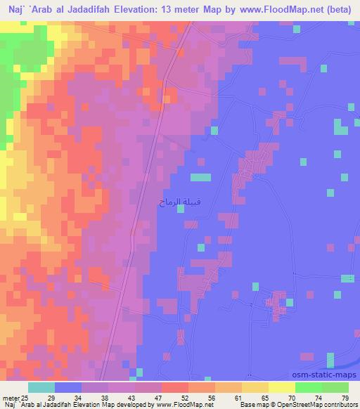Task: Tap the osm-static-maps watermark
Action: click(x=327, y=375)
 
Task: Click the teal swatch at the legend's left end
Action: click(x=41, y=388)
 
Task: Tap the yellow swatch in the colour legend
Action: click(x=281, y=388)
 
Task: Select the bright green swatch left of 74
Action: click(x=308, y=388)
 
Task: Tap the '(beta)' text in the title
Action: click(x=340, y=11)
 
